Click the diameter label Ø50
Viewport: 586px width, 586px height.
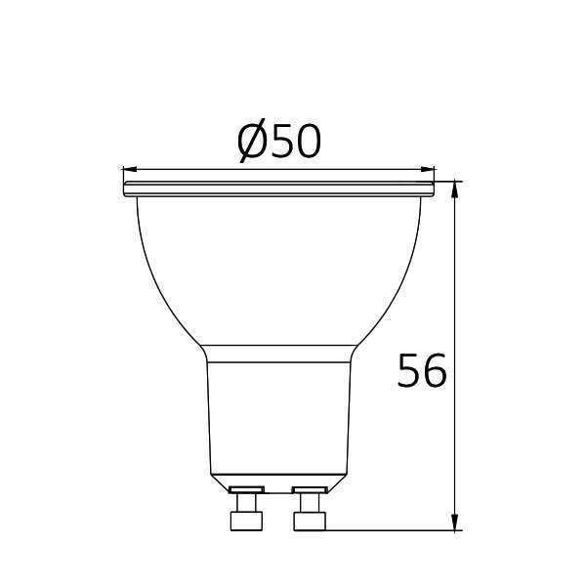tap(279, 143)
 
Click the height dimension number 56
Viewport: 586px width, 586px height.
tap(423, 371)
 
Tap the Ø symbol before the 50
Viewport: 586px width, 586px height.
tap(253, 144)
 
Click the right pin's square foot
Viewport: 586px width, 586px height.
tap(311, 522)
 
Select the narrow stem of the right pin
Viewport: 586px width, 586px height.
tap(311, 503)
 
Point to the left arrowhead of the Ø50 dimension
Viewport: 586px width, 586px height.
tap(128, 168)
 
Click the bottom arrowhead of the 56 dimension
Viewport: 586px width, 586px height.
tap(455, 524)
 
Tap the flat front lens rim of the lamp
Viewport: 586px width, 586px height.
tap(277, 181)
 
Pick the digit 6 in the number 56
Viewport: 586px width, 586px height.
tap(436, 371)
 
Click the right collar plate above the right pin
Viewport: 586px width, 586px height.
tap(311, 487)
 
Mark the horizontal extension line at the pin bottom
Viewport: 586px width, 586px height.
tap(391, 531)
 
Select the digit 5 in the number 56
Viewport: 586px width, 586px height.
tap(410, 371)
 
